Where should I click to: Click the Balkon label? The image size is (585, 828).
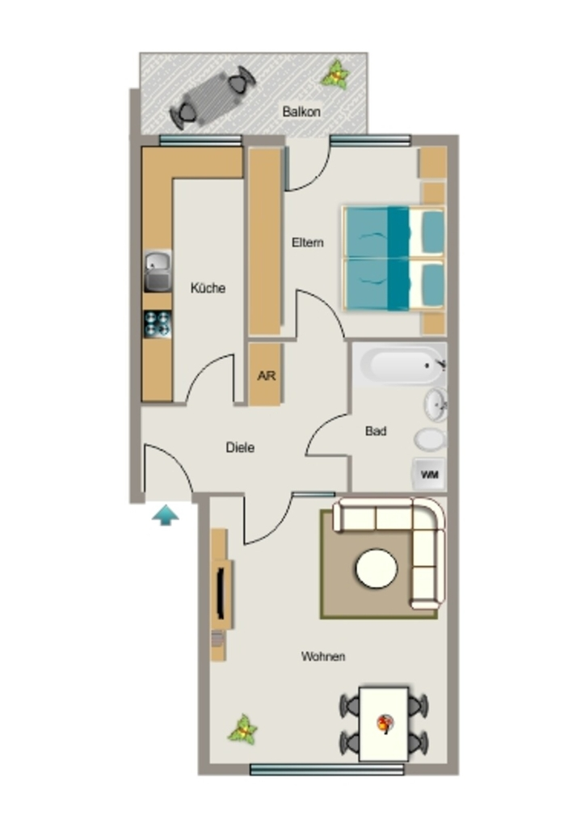301,112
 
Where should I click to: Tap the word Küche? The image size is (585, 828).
208,288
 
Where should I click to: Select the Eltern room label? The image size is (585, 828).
308,243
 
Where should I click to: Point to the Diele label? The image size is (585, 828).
240,447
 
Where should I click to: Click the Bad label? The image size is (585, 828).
376,431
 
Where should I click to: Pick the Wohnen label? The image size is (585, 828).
323,657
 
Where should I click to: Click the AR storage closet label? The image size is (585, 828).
267,375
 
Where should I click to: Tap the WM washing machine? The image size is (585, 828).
429,474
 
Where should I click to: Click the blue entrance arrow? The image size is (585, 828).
166,515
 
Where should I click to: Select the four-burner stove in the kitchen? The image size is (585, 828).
158,323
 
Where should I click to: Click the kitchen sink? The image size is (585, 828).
158,271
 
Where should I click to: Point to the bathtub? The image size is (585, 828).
400,365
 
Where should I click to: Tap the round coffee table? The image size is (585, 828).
377,568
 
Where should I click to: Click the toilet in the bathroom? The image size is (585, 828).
431,439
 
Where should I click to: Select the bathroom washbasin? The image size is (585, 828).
436,404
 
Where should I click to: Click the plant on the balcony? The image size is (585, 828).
335,74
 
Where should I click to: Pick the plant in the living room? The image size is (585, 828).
243,730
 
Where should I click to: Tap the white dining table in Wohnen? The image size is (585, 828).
384,724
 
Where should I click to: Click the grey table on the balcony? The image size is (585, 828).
212,97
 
